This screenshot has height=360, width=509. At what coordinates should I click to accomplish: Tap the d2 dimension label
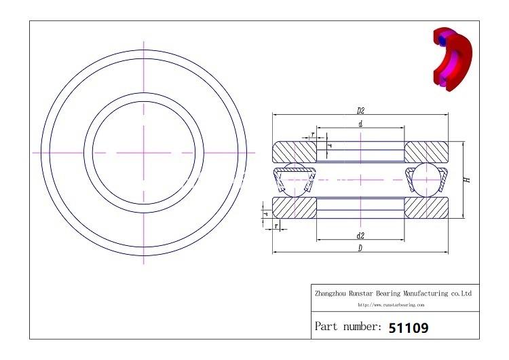[360, 236]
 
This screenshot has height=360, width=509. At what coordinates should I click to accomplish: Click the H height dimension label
[467, 180]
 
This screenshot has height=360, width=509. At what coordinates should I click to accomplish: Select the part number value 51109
[408, 327]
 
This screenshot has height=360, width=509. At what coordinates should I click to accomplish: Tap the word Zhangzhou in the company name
[331, 293]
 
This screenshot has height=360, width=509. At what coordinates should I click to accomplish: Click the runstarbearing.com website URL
[394, 305]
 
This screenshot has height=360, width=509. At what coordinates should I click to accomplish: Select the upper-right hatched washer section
[427, 150]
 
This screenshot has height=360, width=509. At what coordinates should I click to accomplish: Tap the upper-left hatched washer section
[293, 150]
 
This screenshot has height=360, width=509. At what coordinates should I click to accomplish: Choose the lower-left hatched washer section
[293, 208]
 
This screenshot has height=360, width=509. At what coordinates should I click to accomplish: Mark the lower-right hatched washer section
[427, 208]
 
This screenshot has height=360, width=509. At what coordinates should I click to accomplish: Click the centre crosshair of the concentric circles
[144, 153]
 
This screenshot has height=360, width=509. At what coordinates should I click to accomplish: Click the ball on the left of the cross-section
[293, 179]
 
